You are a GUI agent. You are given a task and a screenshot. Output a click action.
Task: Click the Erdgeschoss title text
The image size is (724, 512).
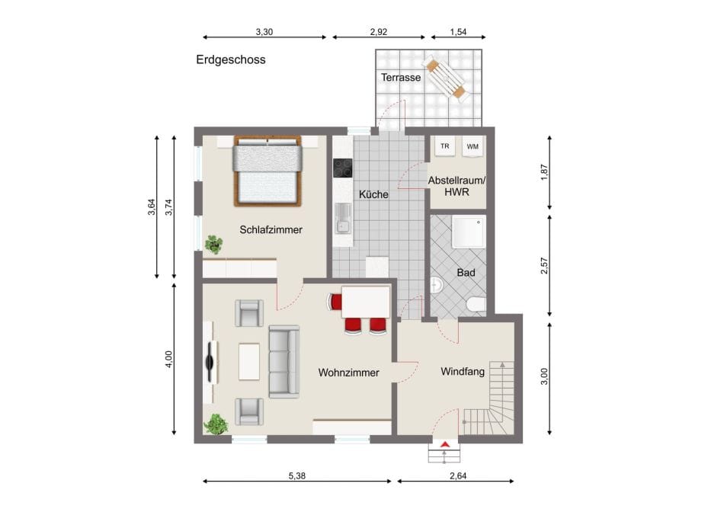click(x=231, y=59)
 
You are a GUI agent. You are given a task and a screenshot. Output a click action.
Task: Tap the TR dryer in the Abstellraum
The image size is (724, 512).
click(x=444, y=146)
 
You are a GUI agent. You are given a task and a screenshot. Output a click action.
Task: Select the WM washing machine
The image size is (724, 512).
click(x=473, y=147)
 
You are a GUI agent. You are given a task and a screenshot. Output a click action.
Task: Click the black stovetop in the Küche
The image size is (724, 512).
click(x=343, y=168)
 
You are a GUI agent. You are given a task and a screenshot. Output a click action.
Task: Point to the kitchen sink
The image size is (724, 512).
click(x=343, y=219)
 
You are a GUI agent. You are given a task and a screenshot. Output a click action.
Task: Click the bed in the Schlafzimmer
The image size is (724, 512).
click(x=267, y=171)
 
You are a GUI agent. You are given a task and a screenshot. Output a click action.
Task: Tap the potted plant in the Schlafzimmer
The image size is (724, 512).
click(x=213, y=244)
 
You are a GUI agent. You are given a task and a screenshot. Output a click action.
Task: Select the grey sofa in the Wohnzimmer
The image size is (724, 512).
click(x=284, y=361)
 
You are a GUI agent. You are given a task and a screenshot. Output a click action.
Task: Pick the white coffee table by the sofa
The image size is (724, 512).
click(x=249, y=361)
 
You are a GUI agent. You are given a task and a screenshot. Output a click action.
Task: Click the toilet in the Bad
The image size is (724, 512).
click(x=476, y=305)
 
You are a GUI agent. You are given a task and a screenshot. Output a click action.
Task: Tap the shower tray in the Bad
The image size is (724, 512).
click(x=469, y=232)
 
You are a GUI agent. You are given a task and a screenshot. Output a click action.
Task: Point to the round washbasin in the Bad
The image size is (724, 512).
click(x=436, y=285)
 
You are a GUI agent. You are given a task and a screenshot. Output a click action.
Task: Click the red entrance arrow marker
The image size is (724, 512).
click(x=444, y=445)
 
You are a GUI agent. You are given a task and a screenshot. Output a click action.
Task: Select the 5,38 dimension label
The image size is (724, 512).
click(x=297, y=475)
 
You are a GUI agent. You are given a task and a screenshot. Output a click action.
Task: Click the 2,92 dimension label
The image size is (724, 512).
click(x=379, y=32)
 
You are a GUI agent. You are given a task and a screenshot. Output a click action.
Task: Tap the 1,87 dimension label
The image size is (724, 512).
click(x=544, y=172)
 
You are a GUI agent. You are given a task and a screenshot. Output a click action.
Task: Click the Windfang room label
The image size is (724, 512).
click(x=463, y=372)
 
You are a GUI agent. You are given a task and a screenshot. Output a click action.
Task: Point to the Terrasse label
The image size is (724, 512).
click(x=401, y=78)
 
